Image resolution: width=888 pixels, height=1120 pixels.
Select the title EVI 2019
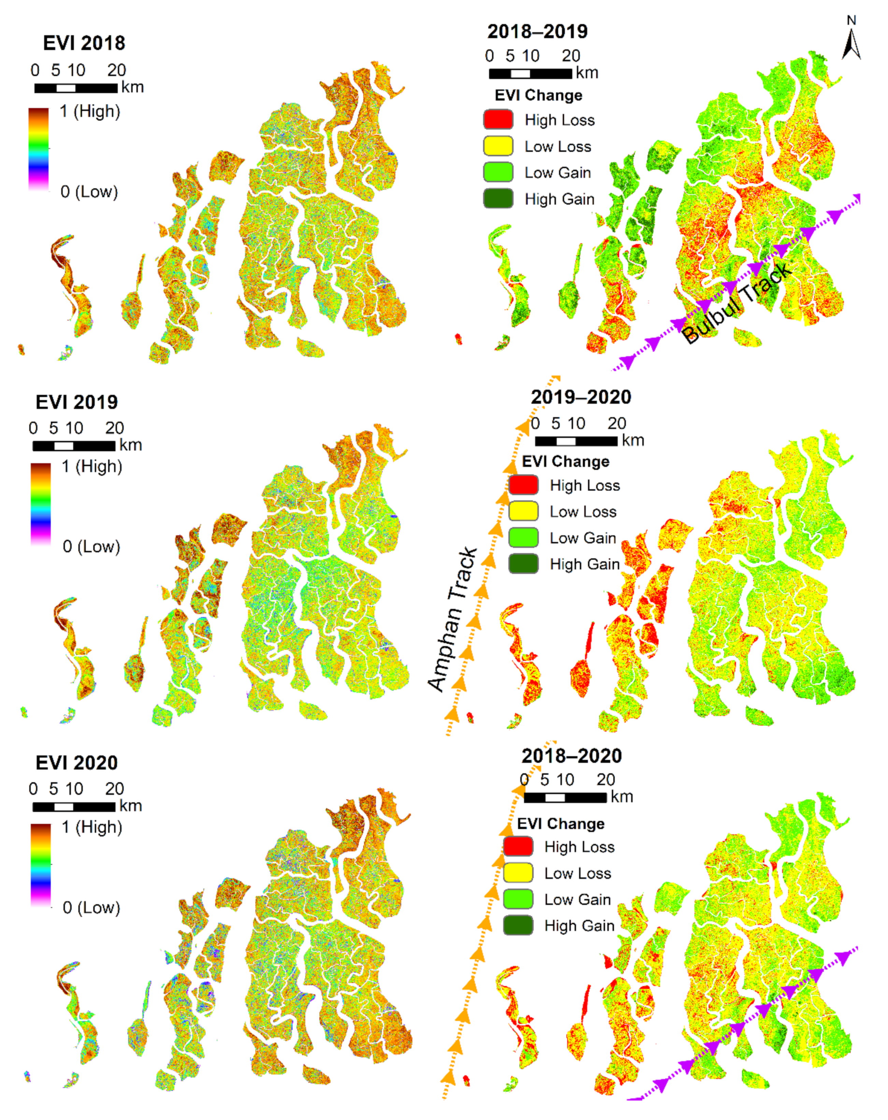click(x=76, y=402)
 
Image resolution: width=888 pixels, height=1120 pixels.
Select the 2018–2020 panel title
click(x=572, y=756)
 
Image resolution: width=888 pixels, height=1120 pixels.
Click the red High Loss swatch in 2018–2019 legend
click(x=498, y=119)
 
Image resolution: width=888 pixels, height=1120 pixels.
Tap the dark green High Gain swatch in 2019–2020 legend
click(x=523, y=564)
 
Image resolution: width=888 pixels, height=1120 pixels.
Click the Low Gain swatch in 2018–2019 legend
click(x=498, y=172)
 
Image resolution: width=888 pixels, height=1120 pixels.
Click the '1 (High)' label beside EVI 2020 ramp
click(x=92, y=827)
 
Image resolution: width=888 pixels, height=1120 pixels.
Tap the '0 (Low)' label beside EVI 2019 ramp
click(x=91, y=547)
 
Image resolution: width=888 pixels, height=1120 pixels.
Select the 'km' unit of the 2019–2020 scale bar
click(x=632, y=440)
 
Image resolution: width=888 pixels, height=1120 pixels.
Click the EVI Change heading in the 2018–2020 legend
click(x=561, y=824)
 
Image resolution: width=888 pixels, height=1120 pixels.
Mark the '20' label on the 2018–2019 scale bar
click(x=571, y=56)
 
